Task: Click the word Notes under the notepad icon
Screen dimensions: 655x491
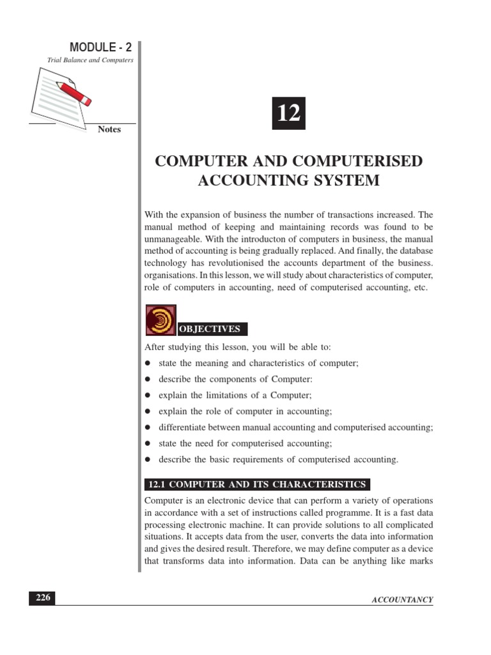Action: pyautogui.click(x=109, y=129)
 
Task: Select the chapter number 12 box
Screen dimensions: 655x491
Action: pyautogui.click(x=288, y=113)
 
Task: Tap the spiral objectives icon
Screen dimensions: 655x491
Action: pyautogui.click(x=160, y=320)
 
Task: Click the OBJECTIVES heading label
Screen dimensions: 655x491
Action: pyautogui.click(x=210, y=329)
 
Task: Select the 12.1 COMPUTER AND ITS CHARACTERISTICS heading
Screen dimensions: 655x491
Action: pyautogui.click(x=257, y=484)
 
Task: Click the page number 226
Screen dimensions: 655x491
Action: pyautogui.click(x=42, y=598)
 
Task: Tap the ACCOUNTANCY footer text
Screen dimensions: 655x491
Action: pyautogui.click(x=402, y=599)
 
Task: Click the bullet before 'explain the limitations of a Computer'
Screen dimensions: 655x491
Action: pyautogui.click(x=148, y=396)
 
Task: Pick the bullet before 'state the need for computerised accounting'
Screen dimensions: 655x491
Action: pyautogui.click(x=148, y=443)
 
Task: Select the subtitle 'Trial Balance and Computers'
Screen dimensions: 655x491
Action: pyautogui.click(x=90, y=60)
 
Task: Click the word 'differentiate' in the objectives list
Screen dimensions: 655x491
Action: pyautogui.click(x=184, y=427)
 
